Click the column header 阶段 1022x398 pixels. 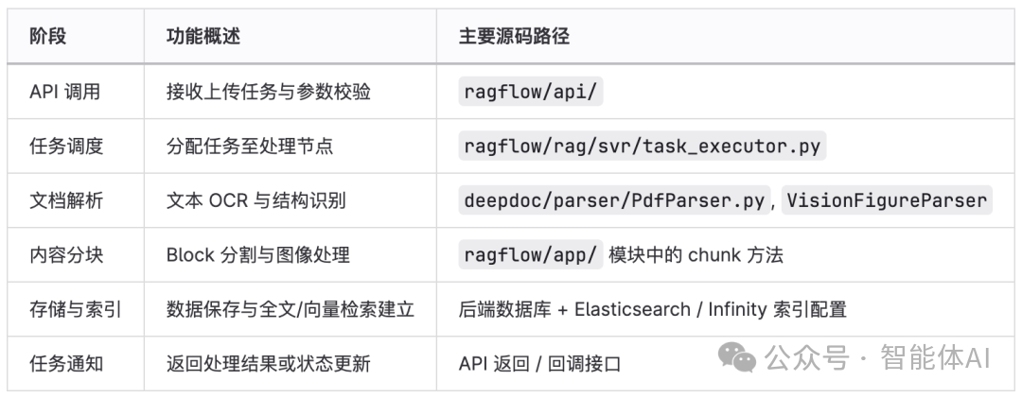tap(48, 37)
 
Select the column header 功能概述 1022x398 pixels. tap(203, 37)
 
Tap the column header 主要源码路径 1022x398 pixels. tap(514, 37)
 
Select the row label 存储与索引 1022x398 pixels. tap(75, 309)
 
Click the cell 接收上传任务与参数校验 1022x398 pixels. tap(268, 92)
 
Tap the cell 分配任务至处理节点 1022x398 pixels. tap(249, 147)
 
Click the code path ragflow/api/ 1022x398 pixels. tap(531, 92)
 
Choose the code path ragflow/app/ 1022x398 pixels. tap(531, 254)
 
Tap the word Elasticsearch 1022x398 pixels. tap(632, 309)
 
